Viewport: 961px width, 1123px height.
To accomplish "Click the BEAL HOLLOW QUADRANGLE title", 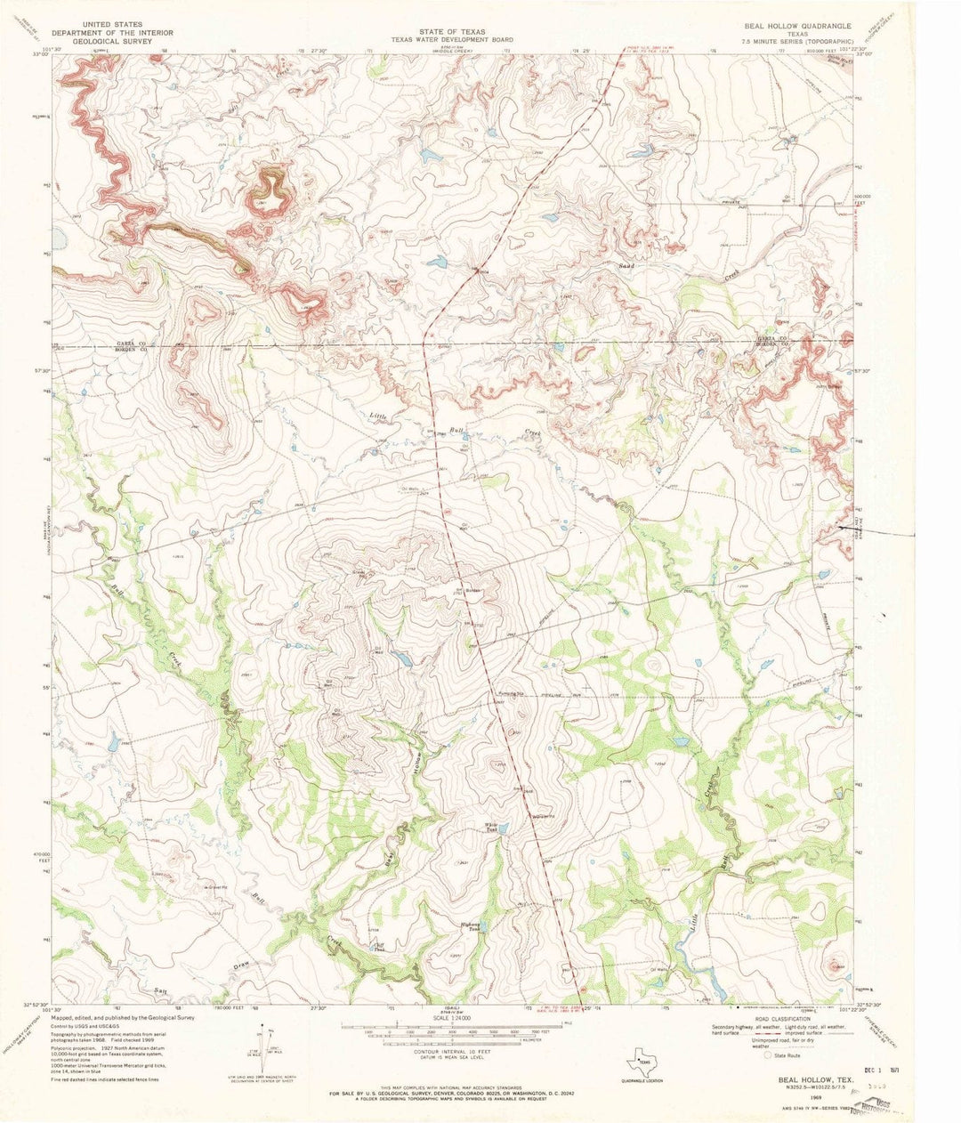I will (798, 27).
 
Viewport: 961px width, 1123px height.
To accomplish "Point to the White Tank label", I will (490, 825).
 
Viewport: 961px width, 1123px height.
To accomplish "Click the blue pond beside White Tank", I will (504, 829).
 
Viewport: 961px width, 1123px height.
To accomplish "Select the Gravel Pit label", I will (217, 886).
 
